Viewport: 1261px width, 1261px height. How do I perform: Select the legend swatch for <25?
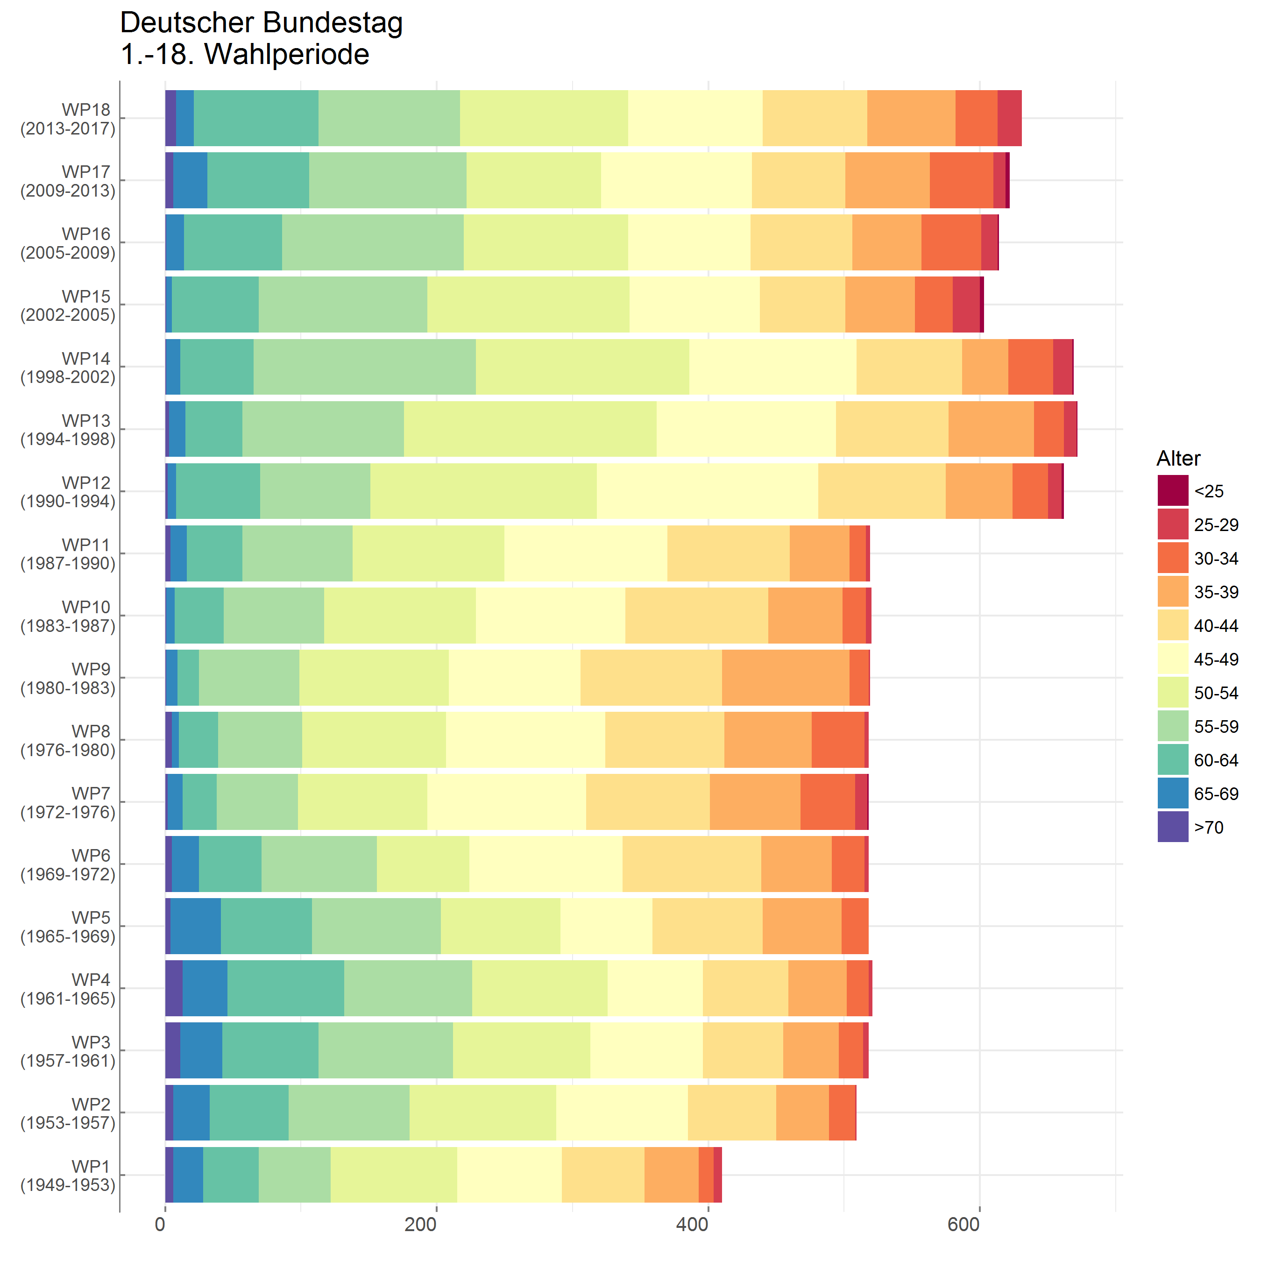(1173, 491)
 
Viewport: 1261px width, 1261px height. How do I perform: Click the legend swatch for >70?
(1173, 827)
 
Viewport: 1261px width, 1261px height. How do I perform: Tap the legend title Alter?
(1178, 458)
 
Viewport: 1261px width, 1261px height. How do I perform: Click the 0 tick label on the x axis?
(161, 1225)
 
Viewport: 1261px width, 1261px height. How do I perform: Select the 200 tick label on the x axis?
(420, 1225)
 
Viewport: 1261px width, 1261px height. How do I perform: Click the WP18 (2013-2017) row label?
(69, 119)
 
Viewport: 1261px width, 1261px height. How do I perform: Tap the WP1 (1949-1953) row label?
(69, 1176)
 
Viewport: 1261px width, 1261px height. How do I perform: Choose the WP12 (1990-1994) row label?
(69, 492)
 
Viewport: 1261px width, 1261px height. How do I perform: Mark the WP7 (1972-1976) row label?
(69, 803)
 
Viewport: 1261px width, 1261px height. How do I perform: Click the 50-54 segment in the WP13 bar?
(530, 429)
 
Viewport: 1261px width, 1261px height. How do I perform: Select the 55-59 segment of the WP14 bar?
(364, 367)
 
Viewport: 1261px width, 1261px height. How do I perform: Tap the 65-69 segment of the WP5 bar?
(195, 926)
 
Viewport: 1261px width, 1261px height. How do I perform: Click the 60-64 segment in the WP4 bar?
(285, 988)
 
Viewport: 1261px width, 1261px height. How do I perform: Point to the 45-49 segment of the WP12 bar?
(707, 491)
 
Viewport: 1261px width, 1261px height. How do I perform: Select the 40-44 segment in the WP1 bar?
(602, 1175)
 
